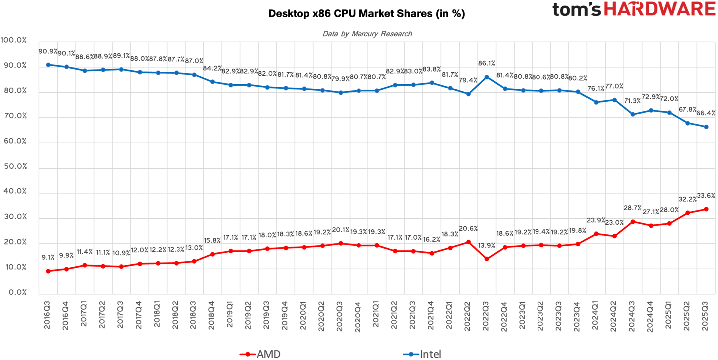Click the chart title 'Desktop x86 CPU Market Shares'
pos(366,14)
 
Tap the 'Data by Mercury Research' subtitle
pos(367,34)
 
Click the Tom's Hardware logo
pos(634,9)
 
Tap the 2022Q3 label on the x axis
pos(486,313)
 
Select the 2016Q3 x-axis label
pos(48,313)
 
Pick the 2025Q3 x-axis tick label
pos(706,313)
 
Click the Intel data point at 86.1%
pos(487,77)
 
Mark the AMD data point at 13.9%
pos(487,259)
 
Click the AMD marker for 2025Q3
pos(706,209)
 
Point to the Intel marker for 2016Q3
pos(48,65)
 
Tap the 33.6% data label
pos(706,196)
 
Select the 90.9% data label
pos(48,51)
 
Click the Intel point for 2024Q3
pos(633,114)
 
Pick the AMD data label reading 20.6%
pos(468,229)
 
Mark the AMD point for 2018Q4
pos(212,254)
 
